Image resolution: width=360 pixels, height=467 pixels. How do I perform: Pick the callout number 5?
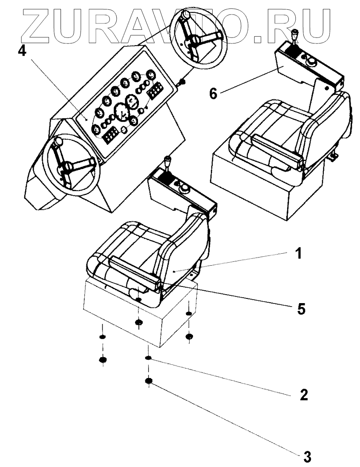click(301, 309)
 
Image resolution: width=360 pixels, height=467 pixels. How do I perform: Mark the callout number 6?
click(213, 92)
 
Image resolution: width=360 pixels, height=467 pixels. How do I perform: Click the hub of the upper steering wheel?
click(196, 40)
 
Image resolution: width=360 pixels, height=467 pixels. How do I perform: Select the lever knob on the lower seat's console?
click(168, 162)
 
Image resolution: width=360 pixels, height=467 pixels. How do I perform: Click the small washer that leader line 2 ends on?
click(148, 359)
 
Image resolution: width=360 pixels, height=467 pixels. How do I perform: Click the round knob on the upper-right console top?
click(312, 63)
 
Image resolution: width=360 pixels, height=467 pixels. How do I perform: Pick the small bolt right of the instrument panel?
click(183, 82)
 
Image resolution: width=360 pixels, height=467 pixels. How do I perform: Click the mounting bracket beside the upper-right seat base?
click(333, 157)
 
